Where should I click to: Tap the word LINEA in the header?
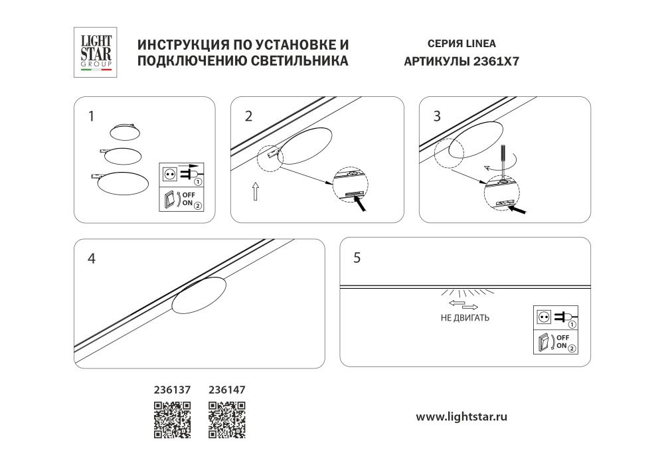point(479,44)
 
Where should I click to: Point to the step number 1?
point(91,117)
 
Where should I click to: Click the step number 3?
point(436,117)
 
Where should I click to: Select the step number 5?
point(357,258)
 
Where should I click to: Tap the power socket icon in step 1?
point(169,174)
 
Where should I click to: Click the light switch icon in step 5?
point(543,343)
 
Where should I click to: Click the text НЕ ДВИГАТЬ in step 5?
point(465,318)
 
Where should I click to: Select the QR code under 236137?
point(173,420)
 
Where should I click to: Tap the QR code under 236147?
point(227,420)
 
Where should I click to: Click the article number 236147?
point(227,391)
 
